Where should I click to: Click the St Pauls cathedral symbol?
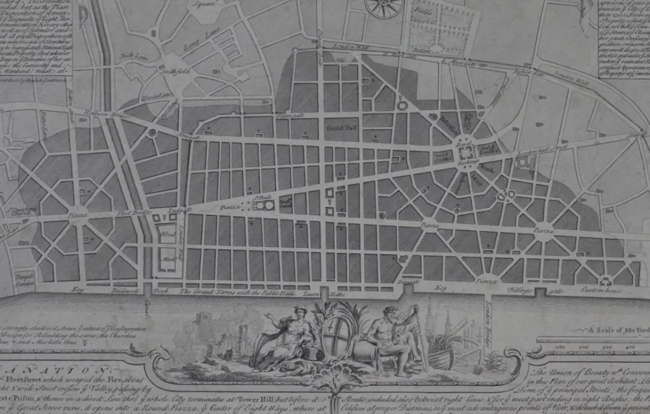click(264, 206)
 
